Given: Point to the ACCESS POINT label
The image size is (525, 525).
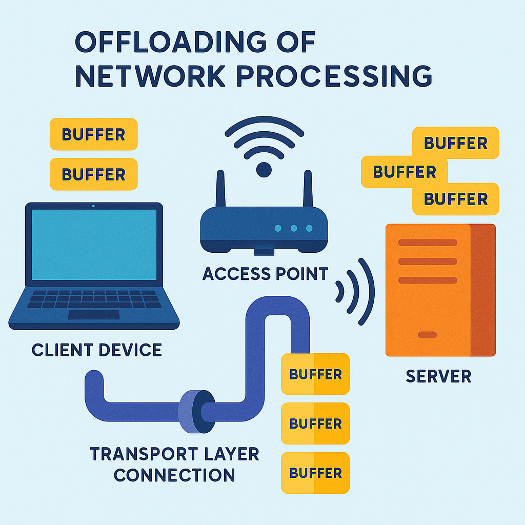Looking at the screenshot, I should pos(265,274).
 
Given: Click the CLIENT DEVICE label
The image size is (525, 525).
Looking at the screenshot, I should pos(97,350).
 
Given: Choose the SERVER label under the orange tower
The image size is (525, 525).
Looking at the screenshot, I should pos(438,376).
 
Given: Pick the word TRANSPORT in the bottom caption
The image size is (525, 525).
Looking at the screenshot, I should pos(144,454).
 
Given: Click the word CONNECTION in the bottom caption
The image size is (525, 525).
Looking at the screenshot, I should pos(174,475).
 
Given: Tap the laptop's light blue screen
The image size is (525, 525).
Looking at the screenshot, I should pos(94,245).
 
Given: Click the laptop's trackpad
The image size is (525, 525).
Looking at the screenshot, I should pos(94,314).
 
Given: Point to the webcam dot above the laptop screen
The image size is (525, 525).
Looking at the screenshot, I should pos(93,206).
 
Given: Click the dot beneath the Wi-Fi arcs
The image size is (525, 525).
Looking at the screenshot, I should pos(264,170).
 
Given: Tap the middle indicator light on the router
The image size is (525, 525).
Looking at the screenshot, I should pos(293,228).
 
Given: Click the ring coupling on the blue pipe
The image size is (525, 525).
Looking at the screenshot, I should pos(196,411).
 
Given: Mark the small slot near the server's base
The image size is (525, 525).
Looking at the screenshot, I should pos(428,335).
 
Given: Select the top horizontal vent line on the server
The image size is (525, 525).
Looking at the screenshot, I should pos(428,243).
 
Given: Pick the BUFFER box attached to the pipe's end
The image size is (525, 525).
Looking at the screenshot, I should pos(315,375).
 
